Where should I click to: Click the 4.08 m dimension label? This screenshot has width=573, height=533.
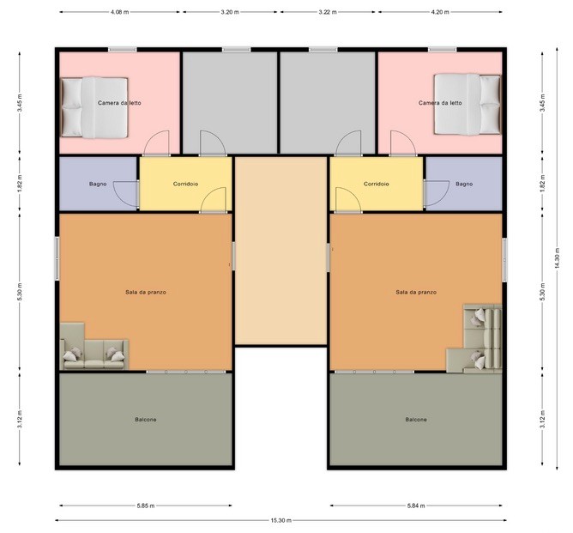coord(119,12)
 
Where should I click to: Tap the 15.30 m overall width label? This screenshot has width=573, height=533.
coord(281,520)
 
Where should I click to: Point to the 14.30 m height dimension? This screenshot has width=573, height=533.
coord(557,258)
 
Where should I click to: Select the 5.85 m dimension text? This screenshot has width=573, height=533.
coord(146,506)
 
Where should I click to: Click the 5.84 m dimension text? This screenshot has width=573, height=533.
coord(416,506)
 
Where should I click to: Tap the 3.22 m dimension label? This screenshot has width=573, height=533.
coord(328,12)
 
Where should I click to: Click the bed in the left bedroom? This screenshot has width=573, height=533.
coord(94,107)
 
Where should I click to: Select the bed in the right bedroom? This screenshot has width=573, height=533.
coord(467,105)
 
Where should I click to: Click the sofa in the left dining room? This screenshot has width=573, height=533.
coord(93,347)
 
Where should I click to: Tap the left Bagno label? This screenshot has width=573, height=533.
coord(98,184)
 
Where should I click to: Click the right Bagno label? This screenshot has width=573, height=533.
coord(464,184)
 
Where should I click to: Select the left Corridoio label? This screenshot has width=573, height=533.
coord(185,184)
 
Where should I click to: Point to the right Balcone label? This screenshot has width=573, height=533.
coord(416,420)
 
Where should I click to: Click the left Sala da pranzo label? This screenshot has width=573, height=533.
coord(146,292)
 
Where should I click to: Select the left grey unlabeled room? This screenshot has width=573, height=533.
coord(230,103)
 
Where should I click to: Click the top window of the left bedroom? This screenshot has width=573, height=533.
coord(123,50)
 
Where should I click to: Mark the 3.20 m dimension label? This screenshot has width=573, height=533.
coord(230,12)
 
